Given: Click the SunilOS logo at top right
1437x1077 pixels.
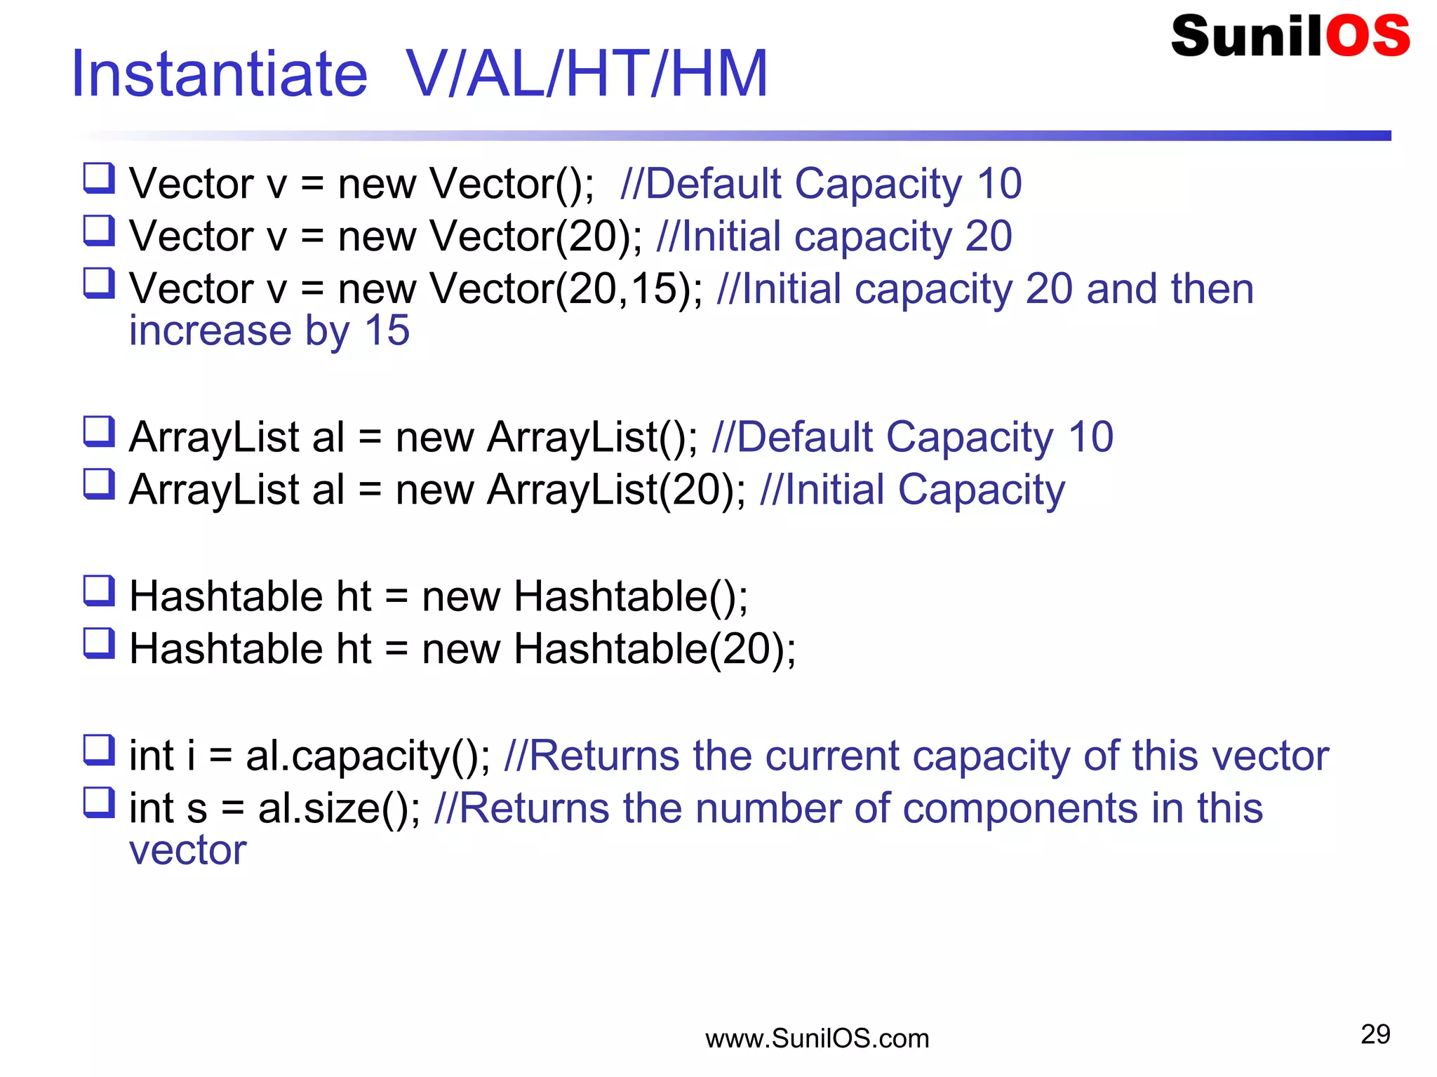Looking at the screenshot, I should click(x=1290, y=36).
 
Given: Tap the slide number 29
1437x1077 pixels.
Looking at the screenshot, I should click(x=1375, y=1034).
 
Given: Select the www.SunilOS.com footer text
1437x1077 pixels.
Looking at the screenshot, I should click(x=817, y=1038).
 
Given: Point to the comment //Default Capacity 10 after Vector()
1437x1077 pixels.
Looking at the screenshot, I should click(x=821, y=184).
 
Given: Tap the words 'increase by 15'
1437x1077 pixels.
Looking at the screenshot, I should click(x=269, y=330).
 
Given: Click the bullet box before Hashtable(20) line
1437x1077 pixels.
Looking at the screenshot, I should click(x=99, y=643).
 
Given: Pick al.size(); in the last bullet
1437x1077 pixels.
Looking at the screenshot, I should click(x=339, y=808).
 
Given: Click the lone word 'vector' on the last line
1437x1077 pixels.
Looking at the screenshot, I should click(x=188, y=850).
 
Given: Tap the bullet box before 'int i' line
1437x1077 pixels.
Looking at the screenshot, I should click(x=99, y=750).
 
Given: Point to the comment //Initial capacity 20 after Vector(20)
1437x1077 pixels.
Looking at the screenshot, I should click(x=834, y=236).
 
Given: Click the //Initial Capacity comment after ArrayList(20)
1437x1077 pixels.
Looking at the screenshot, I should click(x=912, y=490).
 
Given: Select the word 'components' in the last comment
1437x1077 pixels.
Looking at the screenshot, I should click(x=1019, y=808).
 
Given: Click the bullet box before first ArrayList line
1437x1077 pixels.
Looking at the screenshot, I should click(x=99, y=432).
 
